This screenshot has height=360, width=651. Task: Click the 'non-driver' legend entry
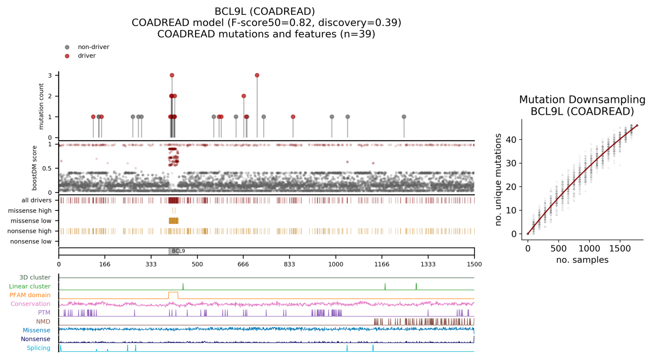coord(93,47)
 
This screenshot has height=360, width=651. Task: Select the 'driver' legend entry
coord(86,56)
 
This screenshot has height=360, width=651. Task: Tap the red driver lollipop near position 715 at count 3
coord(257,75)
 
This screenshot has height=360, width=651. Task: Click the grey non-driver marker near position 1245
coord(404,117)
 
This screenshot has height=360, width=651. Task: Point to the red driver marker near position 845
coord(293,117)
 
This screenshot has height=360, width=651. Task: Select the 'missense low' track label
coord(31,221)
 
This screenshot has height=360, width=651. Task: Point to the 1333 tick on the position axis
coord(428,264)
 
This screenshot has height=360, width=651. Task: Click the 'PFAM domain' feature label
coord(30,295)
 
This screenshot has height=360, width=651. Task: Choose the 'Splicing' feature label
coord(39,348)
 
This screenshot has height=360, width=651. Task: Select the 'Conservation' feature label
coord(30,304)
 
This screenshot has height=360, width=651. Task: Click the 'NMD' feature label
coord(43,321)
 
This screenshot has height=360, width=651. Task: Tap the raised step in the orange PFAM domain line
coord(173,292)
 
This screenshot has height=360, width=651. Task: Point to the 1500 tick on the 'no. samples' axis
coord(620,249)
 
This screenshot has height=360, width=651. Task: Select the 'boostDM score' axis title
coord(35,168)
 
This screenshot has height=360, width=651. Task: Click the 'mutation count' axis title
coord(41,106)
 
